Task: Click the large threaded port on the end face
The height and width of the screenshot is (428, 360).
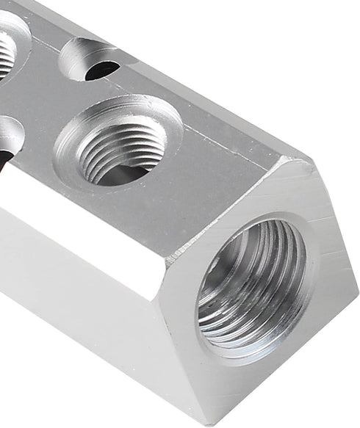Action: tap(253, 291)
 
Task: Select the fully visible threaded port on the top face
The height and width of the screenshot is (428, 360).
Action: tap(120, 145)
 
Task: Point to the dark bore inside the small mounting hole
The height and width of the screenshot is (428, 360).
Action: tap(101, 70)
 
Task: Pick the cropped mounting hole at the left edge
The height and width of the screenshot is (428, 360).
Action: tap(7, 139)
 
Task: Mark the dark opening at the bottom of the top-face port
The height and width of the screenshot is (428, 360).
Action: tap(121, 173)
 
